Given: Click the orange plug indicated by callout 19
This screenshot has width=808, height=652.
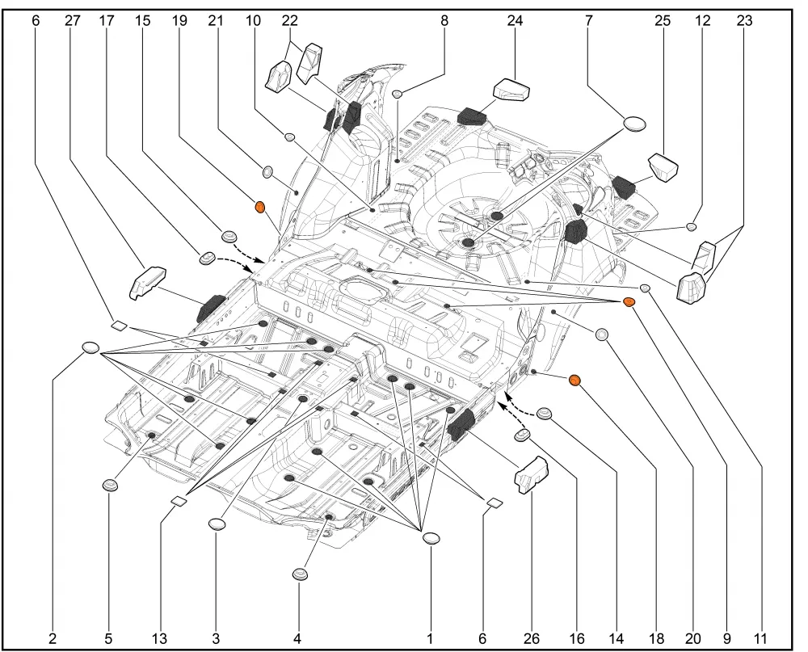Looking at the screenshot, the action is point(260,207).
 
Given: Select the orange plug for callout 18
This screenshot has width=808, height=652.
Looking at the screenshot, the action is point(574,381).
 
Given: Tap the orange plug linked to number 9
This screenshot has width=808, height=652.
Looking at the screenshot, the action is point(629,302).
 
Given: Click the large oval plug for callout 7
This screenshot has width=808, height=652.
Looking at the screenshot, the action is point(634,124).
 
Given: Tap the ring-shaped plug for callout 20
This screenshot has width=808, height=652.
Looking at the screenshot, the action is point(601,335).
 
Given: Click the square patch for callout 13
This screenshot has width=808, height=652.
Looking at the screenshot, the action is point(179,500).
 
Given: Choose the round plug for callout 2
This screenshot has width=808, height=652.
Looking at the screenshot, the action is point(90,347).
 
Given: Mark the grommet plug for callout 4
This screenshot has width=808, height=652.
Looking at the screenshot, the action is point(300,574).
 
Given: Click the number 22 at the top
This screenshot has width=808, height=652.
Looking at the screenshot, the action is point(290,21).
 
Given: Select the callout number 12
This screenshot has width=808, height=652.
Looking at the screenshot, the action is point(702,21).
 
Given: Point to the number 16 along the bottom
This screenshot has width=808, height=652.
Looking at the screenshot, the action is point(577,638).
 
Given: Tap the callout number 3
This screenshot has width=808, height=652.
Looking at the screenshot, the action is point(216,638).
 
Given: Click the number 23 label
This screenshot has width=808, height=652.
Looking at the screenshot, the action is point(744,21).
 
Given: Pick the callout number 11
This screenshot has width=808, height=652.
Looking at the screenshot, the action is point(760,638).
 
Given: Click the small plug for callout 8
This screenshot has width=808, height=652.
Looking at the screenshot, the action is point(398,94).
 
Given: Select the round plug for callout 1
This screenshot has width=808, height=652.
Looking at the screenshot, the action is point(431,538).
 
